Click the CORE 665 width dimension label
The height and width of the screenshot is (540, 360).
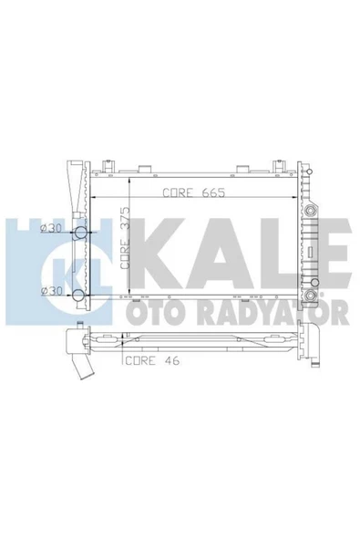pyautogui.click(x=193, y=193)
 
